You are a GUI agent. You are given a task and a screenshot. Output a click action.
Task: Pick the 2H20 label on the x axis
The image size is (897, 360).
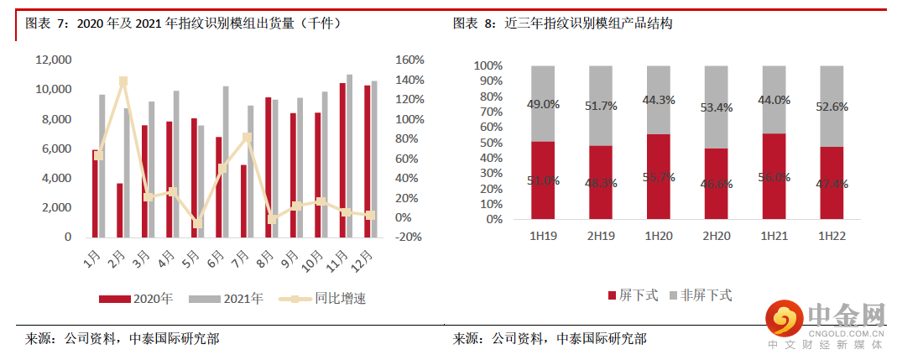[716, 237]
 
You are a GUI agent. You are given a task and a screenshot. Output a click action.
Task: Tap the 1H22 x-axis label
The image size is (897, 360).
[831, 237]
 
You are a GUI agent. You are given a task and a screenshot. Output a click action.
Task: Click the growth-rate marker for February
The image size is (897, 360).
[123, 81]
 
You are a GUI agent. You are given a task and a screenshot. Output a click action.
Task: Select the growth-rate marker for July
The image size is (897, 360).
[247, 138]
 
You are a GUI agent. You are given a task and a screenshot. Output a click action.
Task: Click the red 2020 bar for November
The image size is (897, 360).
[342, 159]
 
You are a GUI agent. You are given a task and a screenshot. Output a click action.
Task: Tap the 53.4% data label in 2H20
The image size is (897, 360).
[716, 108]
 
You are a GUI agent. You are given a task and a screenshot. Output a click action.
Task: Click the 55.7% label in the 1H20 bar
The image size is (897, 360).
[658, 177]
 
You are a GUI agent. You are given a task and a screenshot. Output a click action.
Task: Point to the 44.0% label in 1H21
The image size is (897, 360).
[774, 100]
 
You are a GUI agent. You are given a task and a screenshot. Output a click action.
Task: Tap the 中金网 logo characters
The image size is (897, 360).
[846, 316]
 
